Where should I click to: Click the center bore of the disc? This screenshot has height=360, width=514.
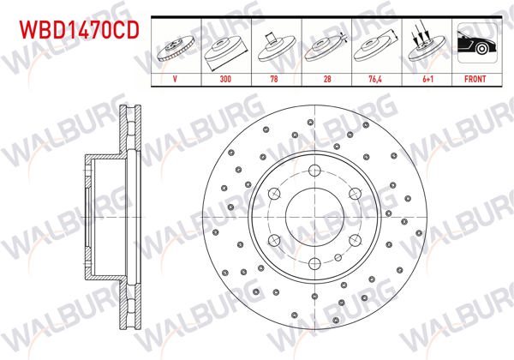point(314,215)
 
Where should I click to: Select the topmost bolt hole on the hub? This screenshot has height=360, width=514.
point(314,168)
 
